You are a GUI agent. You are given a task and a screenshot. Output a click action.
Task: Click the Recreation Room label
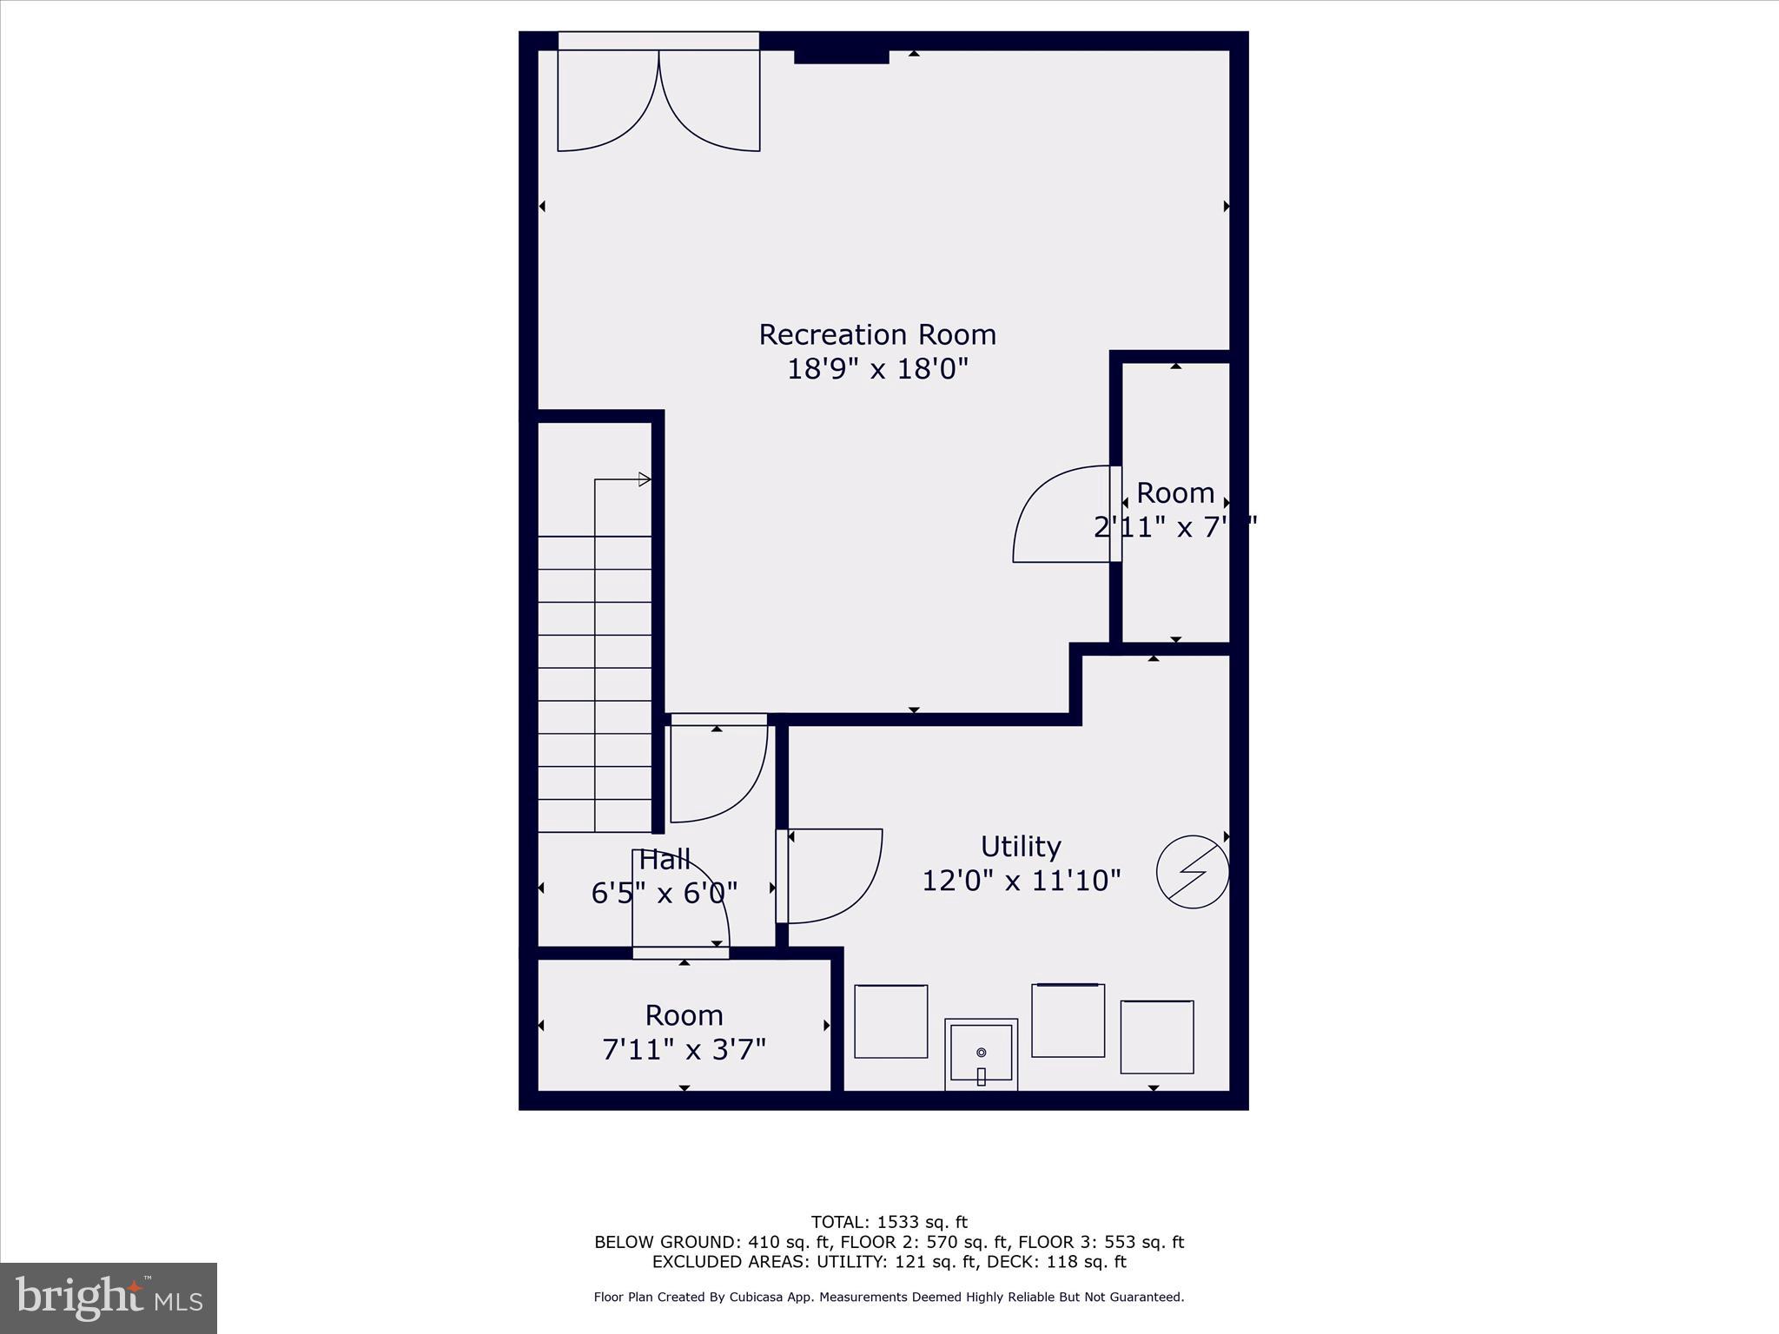click(x=877, y=334)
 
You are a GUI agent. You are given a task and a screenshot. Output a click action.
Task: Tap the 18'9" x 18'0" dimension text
click(x=877, y=369)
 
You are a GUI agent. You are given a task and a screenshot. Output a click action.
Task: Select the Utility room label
click(x=1021, y=846)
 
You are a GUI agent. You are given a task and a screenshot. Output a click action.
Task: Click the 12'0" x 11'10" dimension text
click(x=1021, y=881)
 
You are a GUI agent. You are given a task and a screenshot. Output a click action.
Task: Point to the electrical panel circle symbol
click(x=1193, y=872)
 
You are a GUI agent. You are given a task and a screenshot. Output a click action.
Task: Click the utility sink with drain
click(x=981, y=1053)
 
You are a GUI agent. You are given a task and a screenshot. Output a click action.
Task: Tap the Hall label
click(x=665, y=860)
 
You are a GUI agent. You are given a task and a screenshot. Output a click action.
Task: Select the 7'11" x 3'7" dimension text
click(x=684, y=1050)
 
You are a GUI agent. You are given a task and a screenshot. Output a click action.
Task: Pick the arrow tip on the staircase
click(x=645, y=479)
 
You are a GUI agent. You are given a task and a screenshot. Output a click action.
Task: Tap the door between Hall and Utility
click(x=830, y=875)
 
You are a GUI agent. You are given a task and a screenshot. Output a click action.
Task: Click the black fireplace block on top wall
click(x=841, y=56)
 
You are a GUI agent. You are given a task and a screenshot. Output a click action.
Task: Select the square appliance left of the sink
click(x=890, y=1021)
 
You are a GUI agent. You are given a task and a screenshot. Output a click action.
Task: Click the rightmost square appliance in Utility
click(x=1156, y=1037)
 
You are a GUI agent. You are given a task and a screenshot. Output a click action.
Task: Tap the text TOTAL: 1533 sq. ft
click(x=889, y=1222)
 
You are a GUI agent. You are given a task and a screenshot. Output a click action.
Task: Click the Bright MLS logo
click(x=109, y=1298)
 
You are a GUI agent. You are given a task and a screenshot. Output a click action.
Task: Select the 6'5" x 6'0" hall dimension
click(x=665, y=893)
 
